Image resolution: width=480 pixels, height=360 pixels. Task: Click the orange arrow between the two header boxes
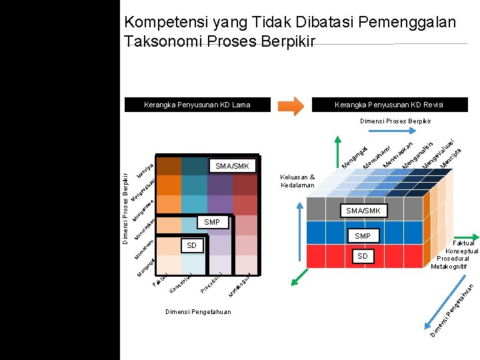[291, 105]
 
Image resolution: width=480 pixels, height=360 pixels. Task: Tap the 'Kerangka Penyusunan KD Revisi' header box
[389, 105]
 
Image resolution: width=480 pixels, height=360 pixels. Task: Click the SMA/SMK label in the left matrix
[233, 165]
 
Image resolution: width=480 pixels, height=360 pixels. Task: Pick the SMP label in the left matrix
[212, 222]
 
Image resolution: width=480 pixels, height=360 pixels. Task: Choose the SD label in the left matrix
[191, 246]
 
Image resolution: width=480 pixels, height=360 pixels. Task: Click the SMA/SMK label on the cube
[363, 211]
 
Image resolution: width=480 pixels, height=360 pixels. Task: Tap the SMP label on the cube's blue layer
[363, 236]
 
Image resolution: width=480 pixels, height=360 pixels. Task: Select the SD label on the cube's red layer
[362, 256]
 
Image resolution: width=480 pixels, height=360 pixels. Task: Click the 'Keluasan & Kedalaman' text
[298, 181]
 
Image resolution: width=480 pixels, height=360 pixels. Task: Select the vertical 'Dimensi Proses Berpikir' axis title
[125, 207]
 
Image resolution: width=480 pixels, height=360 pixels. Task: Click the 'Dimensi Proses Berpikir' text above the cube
[395, 121]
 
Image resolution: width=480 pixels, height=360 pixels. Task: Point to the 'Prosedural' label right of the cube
[458, 259]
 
